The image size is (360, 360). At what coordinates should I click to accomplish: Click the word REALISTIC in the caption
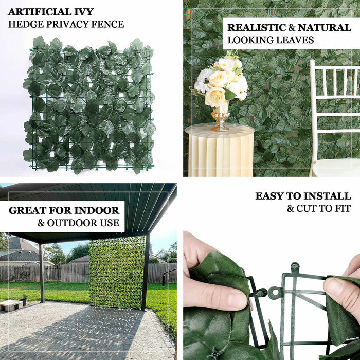(257, 27)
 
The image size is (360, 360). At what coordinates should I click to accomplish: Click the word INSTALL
(325, 196)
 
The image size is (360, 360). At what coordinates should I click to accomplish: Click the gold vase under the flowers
(220, 118)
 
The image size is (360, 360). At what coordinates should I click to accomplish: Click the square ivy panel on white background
(89, 105)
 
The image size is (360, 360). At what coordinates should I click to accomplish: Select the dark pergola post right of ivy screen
(146, 273)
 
